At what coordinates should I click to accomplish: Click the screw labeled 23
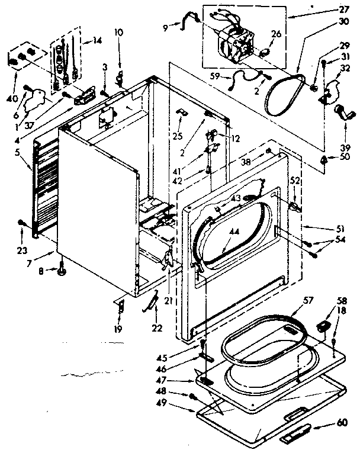pos(22,222)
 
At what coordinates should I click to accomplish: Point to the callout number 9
pos(166,27)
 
